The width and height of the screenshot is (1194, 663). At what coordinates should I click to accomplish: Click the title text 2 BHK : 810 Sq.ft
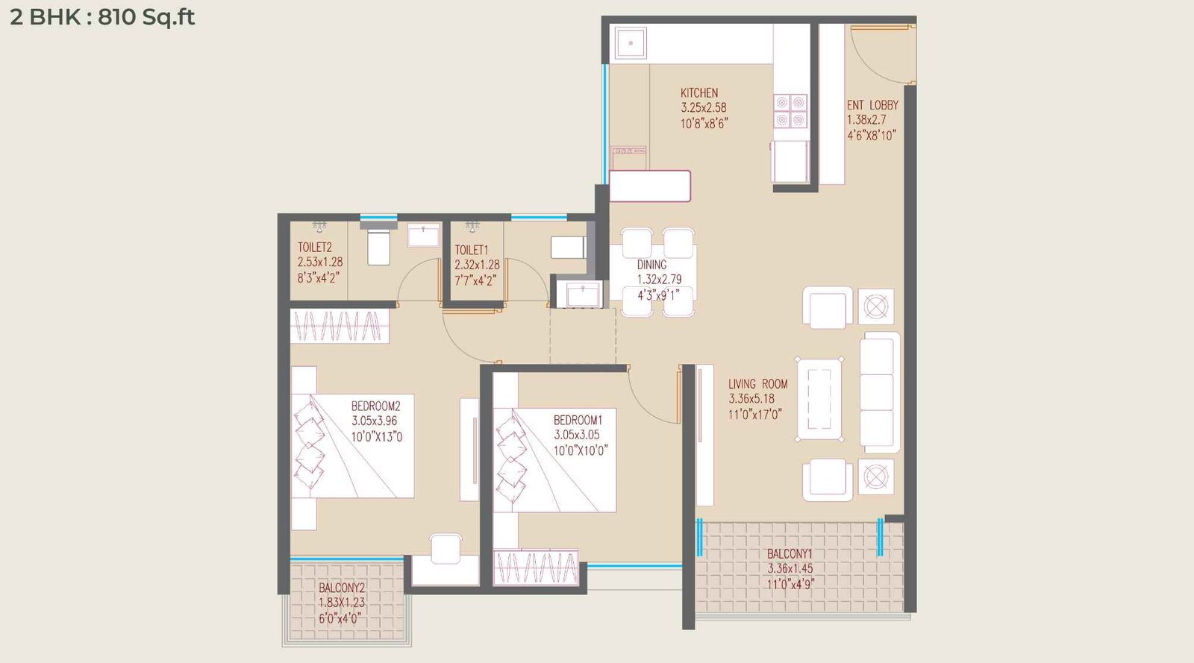coord(102,16)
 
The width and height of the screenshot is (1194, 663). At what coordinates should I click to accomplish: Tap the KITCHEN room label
coord(699,92)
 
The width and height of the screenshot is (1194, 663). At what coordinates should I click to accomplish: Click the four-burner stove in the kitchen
coord(790,111)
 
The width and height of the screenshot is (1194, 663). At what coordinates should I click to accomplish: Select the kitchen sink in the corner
coord(631,43)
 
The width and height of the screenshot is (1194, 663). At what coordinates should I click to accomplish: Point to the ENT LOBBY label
coord(872,105)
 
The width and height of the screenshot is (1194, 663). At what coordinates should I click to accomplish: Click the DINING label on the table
coord(651,265)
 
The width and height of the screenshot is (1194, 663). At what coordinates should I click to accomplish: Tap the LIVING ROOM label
coord(757,384)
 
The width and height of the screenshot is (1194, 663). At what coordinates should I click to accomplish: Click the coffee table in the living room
coord(819,399)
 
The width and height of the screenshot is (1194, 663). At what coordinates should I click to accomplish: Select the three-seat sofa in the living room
coord(878,392)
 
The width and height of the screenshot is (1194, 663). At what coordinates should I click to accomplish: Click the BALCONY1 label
coord(790,554)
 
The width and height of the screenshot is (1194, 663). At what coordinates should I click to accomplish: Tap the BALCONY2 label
coord(342,588)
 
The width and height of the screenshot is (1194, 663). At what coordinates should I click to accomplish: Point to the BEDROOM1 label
coord(578,420)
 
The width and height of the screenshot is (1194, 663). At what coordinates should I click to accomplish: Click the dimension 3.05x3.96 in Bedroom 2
coord(375,421)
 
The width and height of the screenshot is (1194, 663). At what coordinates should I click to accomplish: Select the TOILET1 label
coord(471,250)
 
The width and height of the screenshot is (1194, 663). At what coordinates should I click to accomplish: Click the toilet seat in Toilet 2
coord(378,248)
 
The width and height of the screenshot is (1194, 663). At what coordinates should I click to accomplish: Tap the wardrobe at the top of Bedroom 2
coord(340,327)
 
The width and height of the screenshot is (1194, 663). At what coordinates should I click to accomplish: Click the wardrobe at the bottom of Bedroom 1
coord(535,568)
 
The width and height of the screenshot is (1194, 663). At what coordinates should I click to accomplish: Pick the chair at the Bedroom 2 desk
coord(446,549)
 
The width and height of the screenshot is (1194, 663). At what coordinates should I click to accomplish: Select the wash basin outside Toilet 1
coord(582,294)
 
